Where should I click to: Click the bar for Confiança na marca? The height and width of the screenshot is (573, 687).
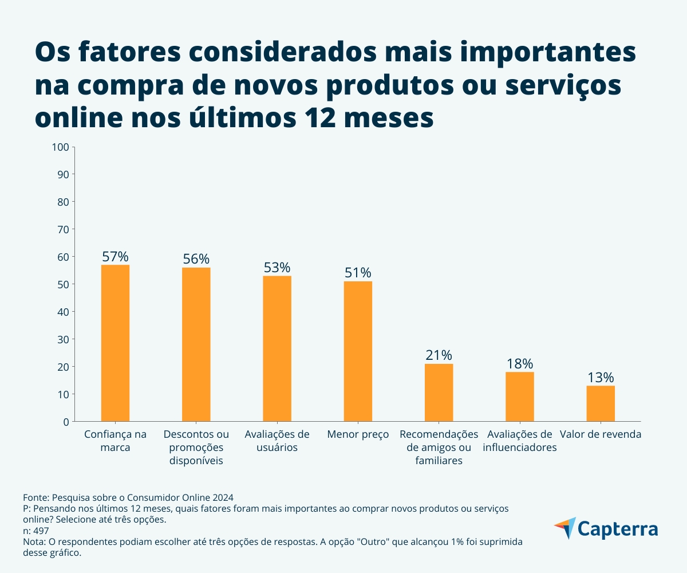(x=115, y=343)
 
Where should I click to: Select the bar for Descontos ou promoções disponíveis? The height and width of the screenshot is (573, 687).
(x=196, y=344)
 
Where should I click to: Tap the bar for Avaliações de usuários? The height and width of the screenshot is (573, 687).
(x=277, y=348)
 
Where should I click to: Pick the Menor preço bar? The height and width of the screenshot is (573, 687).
(x=358, y=351)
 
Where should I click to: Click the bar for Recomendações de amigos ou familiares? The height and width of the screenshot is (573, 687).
(x=439, y=393)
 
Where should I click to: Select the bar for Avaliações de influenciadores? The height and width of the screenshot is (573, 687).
(x=520, y=397)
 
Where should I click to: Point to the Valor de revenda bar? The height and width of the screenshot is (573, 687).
(x=601, y=403)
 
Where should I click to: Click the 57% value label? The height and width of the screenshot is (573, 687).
(x=115, y=256)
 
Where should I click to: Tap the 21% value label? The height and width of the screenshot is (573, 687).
(x=439, y=355)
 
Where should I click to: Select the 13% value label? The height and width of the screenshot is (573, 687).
(x=601, y=378)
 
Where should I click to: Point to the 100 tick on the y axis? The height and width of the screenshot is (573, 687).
(x=60, y=147)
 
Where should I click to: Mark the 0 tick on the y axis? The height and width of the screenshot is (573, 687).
(x=65, y=422)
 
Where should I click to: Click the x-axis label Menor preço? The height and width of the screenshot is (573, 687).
(x=358, y=434)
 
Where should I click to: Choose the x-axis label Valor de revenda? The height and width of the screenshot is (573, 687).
(x=601, y=434)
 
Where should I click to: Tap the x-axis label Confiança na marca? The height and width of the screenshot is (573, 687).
(x=115, y=441)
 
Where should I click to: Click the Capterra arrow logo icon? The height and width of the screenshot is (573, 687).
(x=564, y=528)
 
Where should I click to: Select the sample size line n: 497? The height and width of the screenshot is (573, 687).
(x=36, y=531)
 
